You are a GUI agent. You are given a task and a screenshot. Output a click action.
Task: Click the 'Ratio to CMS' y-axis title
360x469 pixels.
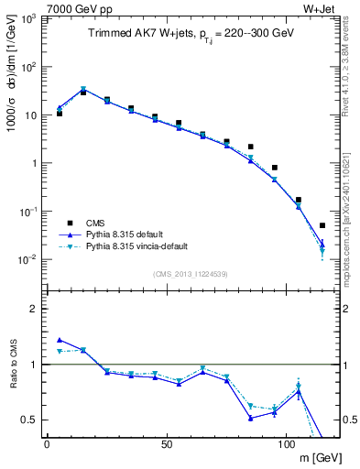point(13,364)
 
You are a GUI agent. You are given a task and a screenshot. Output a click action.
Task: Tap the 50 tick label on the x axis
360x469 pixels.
point(167,444)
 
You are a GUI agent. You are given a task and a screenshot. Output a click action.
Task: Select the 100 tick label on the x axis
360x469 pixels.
point(286,444)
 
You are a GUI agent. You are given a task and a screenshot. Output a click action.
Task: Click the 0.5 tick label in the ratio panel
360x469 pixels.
point(32,420)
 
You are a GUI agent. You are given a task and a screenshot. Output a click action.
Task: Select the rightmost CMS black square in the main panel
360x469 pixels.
point(322,225)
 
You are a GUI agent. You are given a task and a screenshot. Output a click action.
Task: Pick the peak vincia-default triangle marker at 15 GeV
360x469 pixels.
point(83,90)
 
